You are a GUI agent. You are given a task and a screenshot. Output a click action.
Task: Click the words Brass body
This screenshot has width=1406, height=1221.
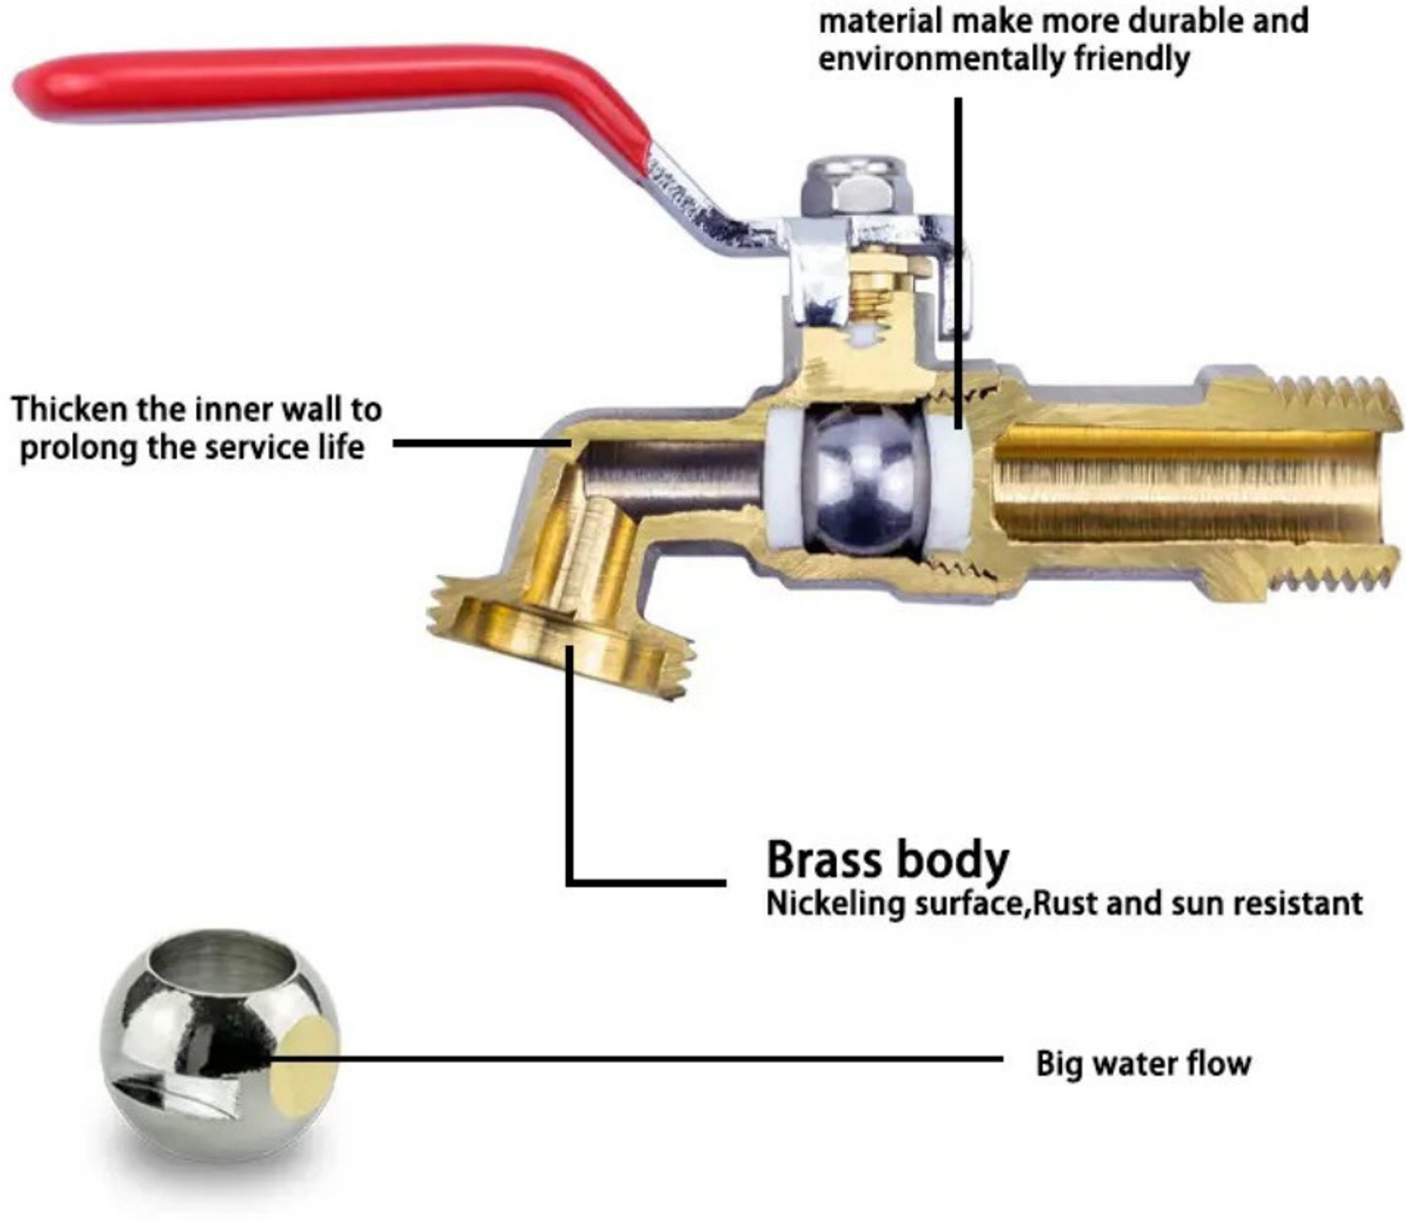[887, 859]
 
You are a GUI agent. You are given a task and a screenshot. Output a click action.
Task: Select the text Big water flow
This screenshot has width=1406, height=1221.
[1143, 1063]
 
